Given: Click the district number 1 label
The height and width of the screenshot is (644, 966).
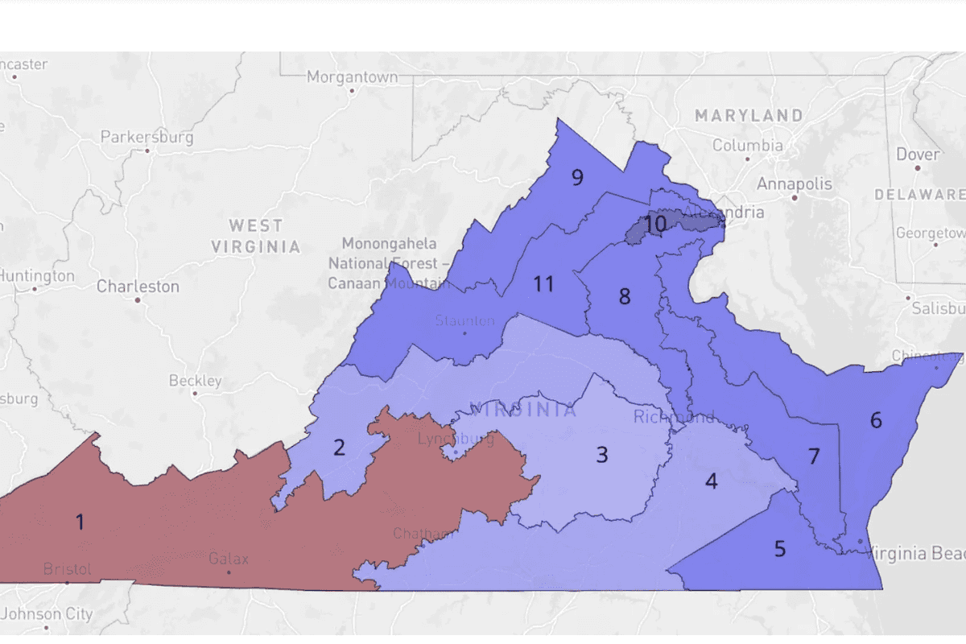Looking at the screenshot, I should click(80, 522).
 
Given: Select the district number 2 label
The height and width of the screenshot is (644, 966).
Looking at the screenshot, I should click(339, 448).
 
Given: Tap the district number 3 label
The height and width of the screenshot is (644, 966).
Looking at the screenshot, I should click(601, 455).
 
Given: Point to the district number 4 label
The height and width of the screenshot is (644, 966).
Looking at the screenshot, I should click(711, 481).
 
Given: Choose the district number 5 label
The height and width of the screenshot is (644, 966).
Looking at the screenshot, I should click(779, 549).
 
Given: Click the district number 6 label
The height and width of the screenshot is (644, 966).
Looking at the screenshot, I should click(876, 419).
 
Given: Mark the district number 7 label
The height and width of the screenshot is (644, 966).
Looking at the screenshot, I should click(813, 456).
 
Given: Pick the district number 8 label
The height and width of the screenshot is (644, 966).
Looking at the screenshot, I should click(625, 296).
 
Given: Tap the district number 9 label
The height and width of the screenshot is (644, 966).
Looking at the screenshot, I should click(577, 177).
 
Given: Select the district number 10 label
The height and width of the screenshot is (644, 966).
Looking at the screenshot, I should click(655, 224).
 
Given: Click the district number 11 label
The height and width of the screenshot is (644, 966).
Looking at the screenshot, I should click(544, 283).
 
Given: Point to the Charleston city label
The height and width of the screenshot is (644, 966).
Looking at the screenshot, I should click(138, 286).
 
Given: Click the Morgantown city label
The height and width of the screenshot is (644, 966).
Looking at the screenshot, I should click(352, 77).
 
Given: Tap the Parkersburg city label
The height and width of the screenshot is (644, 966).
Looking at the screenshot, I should click(147, 137).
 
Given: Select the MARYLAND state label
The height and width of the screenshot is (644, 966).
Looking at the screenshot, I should click(749, 116).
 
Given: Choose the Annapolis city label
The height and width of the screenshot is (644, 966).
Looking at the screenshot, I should click(794, 184).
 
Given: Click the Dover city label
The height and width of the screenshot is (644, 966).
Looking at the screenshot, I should click(918, 154).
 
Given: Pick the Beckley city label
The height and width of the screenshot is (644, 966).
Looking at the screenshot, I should click(195, 381).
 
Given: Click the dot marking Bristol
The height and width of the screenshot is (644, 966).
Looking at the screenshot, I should click(67, 582).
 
